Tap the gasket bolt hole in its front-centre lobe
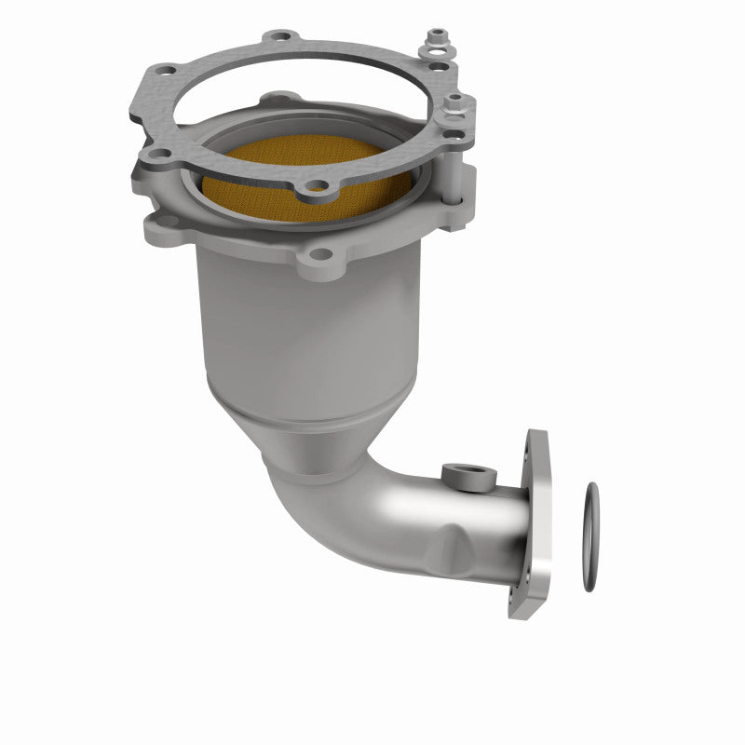[x=318, y=186]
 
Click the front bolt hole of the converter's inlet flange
[x=318, y=253]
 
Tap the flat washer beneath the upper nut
[x=436, y=52]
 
